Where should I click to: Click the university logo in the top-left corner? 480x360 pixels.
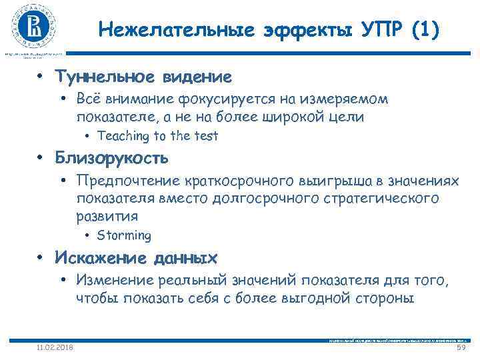tap(33, 27)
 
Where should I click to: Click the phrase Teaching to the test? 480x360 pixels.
tap(157, 136)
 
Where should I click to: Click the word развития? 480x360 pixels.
tap(107, 216)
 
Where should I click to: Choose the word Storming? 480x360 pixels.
tap(124, 235)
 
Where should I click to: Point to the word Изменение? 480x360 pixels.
tap(115, 280)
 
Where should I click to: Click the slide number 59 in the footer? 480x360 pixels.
tap(459, 347)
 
